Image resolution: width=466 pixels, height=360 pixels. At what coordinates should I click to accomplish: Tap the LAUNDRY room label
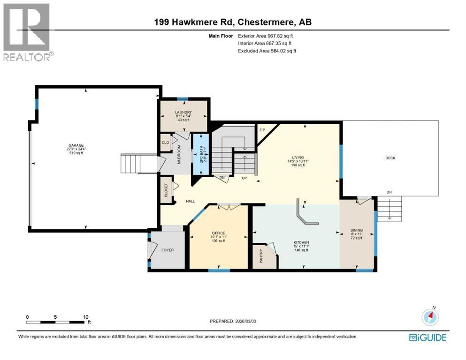click(x=183, y=112)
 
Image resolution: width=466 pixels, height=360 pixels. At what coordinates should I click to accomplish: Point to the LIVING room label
click(x=298, y=157)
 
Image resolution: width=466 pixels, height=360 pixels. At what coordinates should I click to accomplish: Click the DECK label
click(x=390, y=158)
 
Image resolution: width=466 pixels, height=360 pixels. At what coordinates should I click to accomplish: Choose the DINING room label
click(x=357, y=230)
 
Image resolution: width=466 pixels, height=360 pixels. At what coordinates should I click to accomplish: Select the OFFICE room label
click(x=218, y=233)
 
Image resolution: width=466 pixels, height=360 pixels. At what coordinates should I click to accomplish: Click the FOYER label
click(x=168, y=250)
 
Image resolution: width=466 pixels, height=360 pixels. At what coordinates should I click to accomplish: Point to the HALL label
click(x=190, y=201)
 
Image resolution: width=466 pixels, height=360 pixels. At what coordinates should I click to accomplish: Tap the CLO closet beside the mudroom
click(x=165, y=142)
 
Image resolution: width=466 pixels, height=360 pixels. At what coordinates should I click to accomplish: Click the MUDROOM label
click(x=179, y=153)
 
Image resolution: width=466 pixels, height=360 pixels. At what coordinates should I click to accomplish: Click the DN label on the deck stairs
click(x=389, y=192)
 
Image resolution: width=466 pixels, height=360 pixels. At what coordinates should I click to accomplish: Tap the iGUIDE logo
click(x=427, y=337)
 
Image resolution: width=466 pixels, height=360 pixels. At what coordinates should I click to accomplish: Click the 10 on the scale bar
click(x=85, y=317)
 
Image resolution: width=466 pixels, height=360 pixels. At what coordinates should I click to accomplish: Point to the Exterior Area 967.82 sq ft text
click(x=267, y=36)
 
